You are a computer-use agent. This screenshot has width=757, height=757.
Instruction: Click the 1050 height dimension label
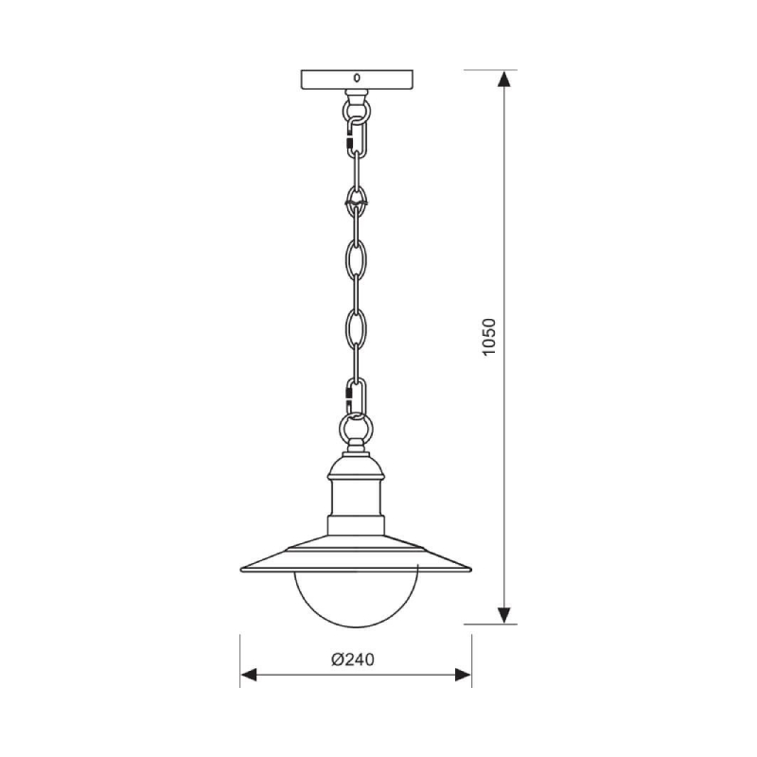(489, 337)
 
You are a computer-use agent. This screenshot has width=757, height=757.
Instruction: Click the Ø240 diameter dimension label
(353, 660)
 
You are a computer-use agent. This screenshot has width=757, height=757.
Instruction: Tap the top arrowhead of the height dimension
(504, 79)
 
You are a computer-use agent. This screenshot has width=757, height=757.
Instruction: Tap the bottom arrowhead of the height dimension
(504, 614)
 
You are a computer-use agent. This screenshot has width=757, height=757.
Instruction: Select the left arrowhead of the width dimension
(249, 675)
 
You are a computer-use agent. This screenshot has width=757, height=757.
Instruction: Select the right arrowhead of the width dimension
(463, 675)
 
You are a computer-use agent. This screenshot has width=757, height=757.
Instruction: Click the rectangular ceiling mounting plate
(357, 79)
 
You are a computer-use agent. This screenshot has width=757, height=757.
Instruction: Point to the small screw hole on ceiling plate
(357, 78)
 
